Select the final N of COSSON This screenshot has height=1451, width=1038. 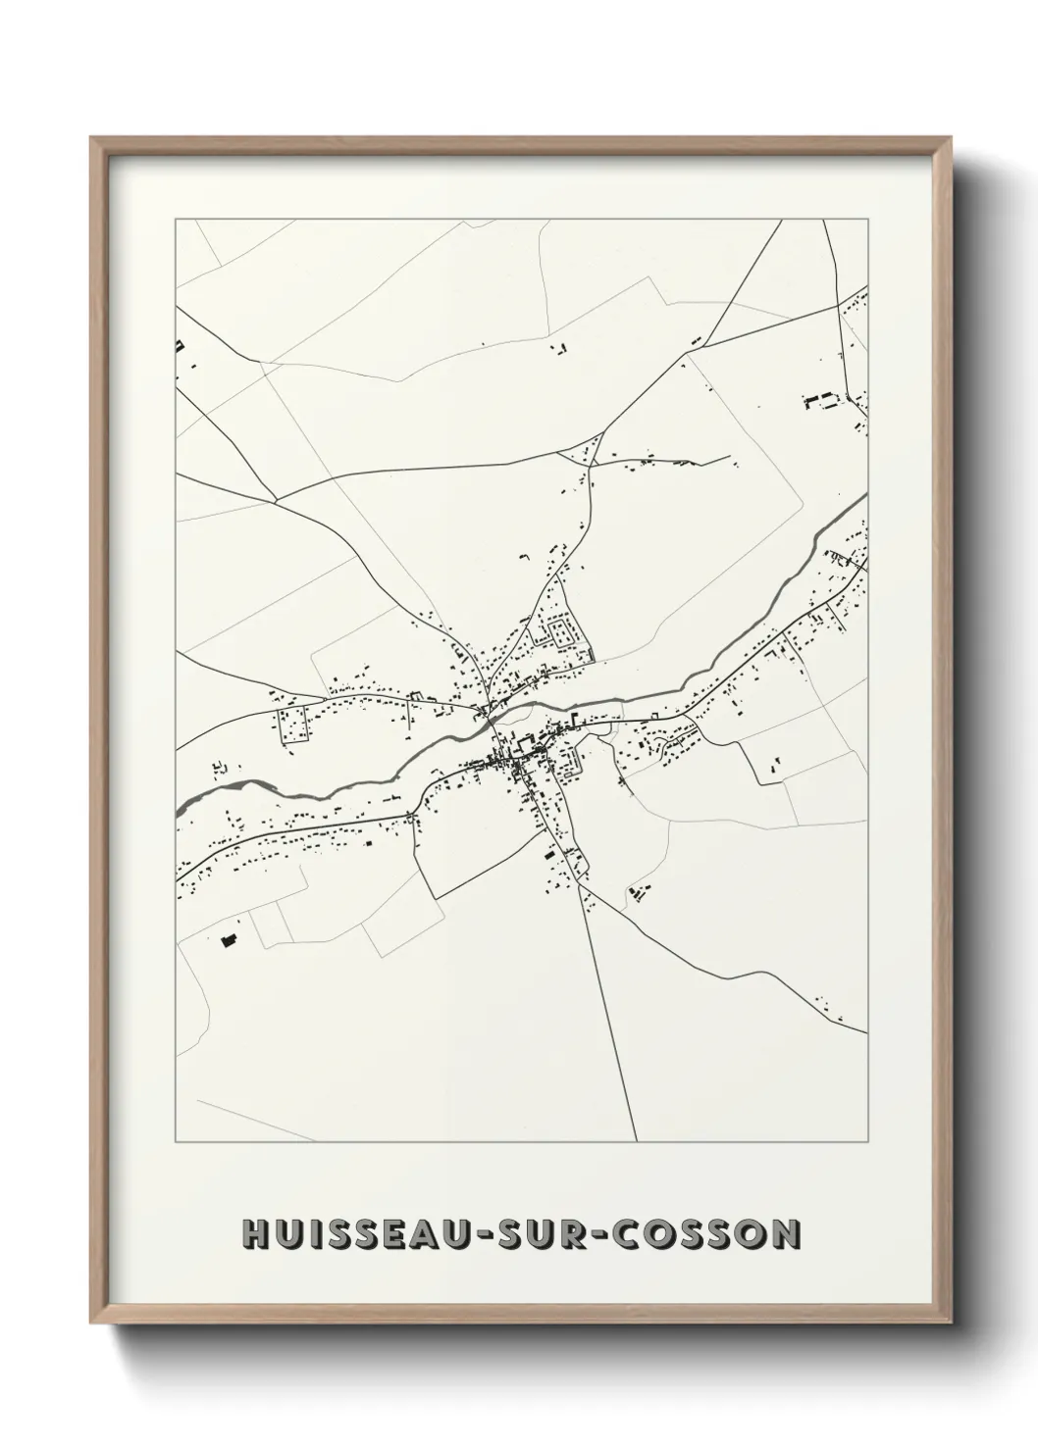pyautogui.click(x=785, y=1234)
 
